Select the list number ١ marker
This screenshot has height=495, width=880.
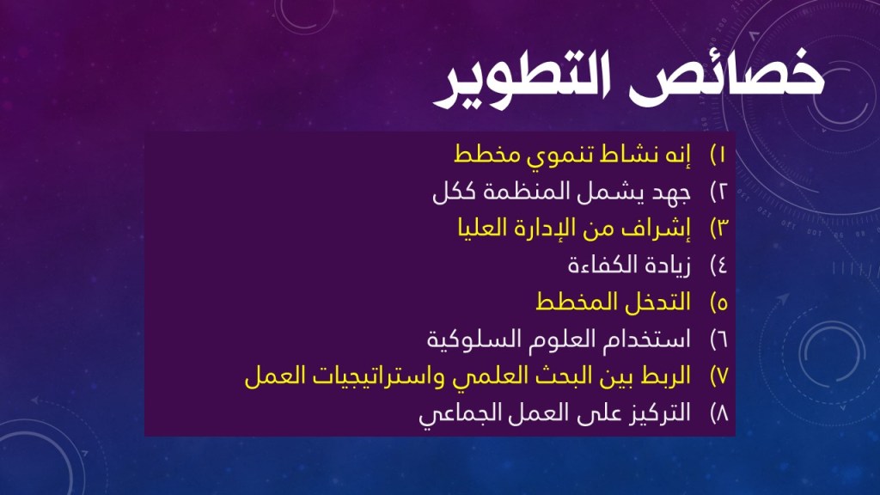718,155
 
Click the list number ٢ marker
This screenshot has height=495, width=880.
718,192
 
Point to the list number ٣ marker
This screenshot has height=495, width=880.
719,228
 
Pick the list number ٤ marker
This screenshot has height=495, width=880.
718,265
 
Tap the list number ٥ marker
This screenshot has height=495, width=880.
718,302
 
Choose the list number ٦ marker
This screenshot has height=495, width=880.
718,339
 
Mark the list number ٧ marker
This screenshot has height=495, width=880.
719,376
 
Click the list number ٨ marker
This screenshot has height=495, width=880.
719,413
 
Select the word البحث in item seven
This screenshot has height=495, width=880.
541,376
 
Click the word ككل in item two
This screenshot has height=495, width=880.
455,192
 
